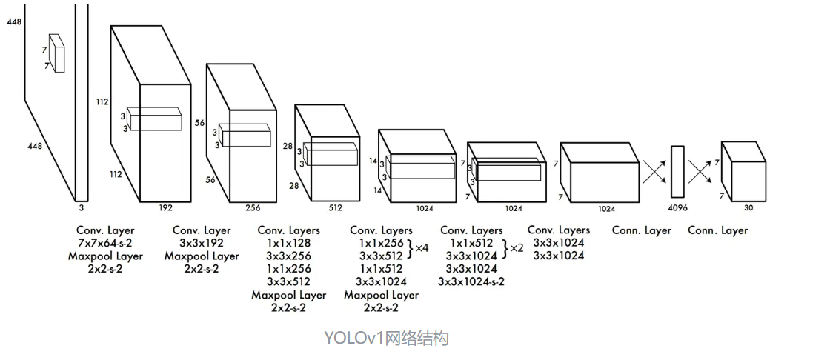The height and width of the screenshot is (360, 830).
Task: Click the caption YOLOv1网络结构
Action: coord(386,339)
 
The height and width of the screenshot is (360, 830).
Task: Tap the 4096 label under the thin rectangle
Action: coord(677,208)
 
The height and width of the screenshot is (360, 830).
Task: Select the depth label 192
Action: coord(165,208)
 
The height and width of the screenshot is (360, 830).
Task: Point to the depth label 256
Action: coord(254,208)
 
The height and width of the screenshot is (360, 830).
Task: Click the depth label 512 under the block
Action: coord(335,208)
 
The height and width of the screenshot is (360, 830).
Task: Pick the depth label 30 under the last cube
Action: coord(748,208)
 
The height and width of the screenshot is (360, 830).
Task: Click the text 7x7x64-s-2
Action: coord(105,243)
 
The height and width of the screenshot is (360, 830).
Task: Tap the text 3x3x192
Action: coord(202,243)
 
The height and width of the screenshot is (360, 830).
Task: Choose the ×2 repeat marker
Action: coord(516,248)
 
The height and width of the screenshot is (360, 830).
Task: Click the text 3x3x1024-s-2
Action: coord(471,281)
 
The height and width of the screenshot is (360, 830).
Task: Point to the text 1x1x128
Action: coord(288,243)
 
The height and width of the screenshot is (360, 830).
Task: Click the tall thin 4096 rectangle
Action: coord(677,172)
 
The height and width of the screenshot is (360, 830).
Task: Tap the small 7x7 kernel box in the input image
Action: coord(57,53)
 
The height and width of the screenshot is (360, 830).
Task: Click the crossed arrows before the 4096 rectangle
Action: coord(654,173)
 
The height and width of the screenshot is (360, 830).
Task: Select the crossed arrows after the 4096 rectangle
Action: coord(700,173)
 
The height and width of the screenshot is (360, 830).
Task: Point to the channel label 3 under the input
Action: coord(81,199)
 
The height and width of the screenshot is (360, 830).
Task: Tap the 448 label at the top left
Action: coord(14,22)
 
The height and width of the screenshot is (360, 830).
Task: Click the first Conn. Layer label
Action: coord(642,230)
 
